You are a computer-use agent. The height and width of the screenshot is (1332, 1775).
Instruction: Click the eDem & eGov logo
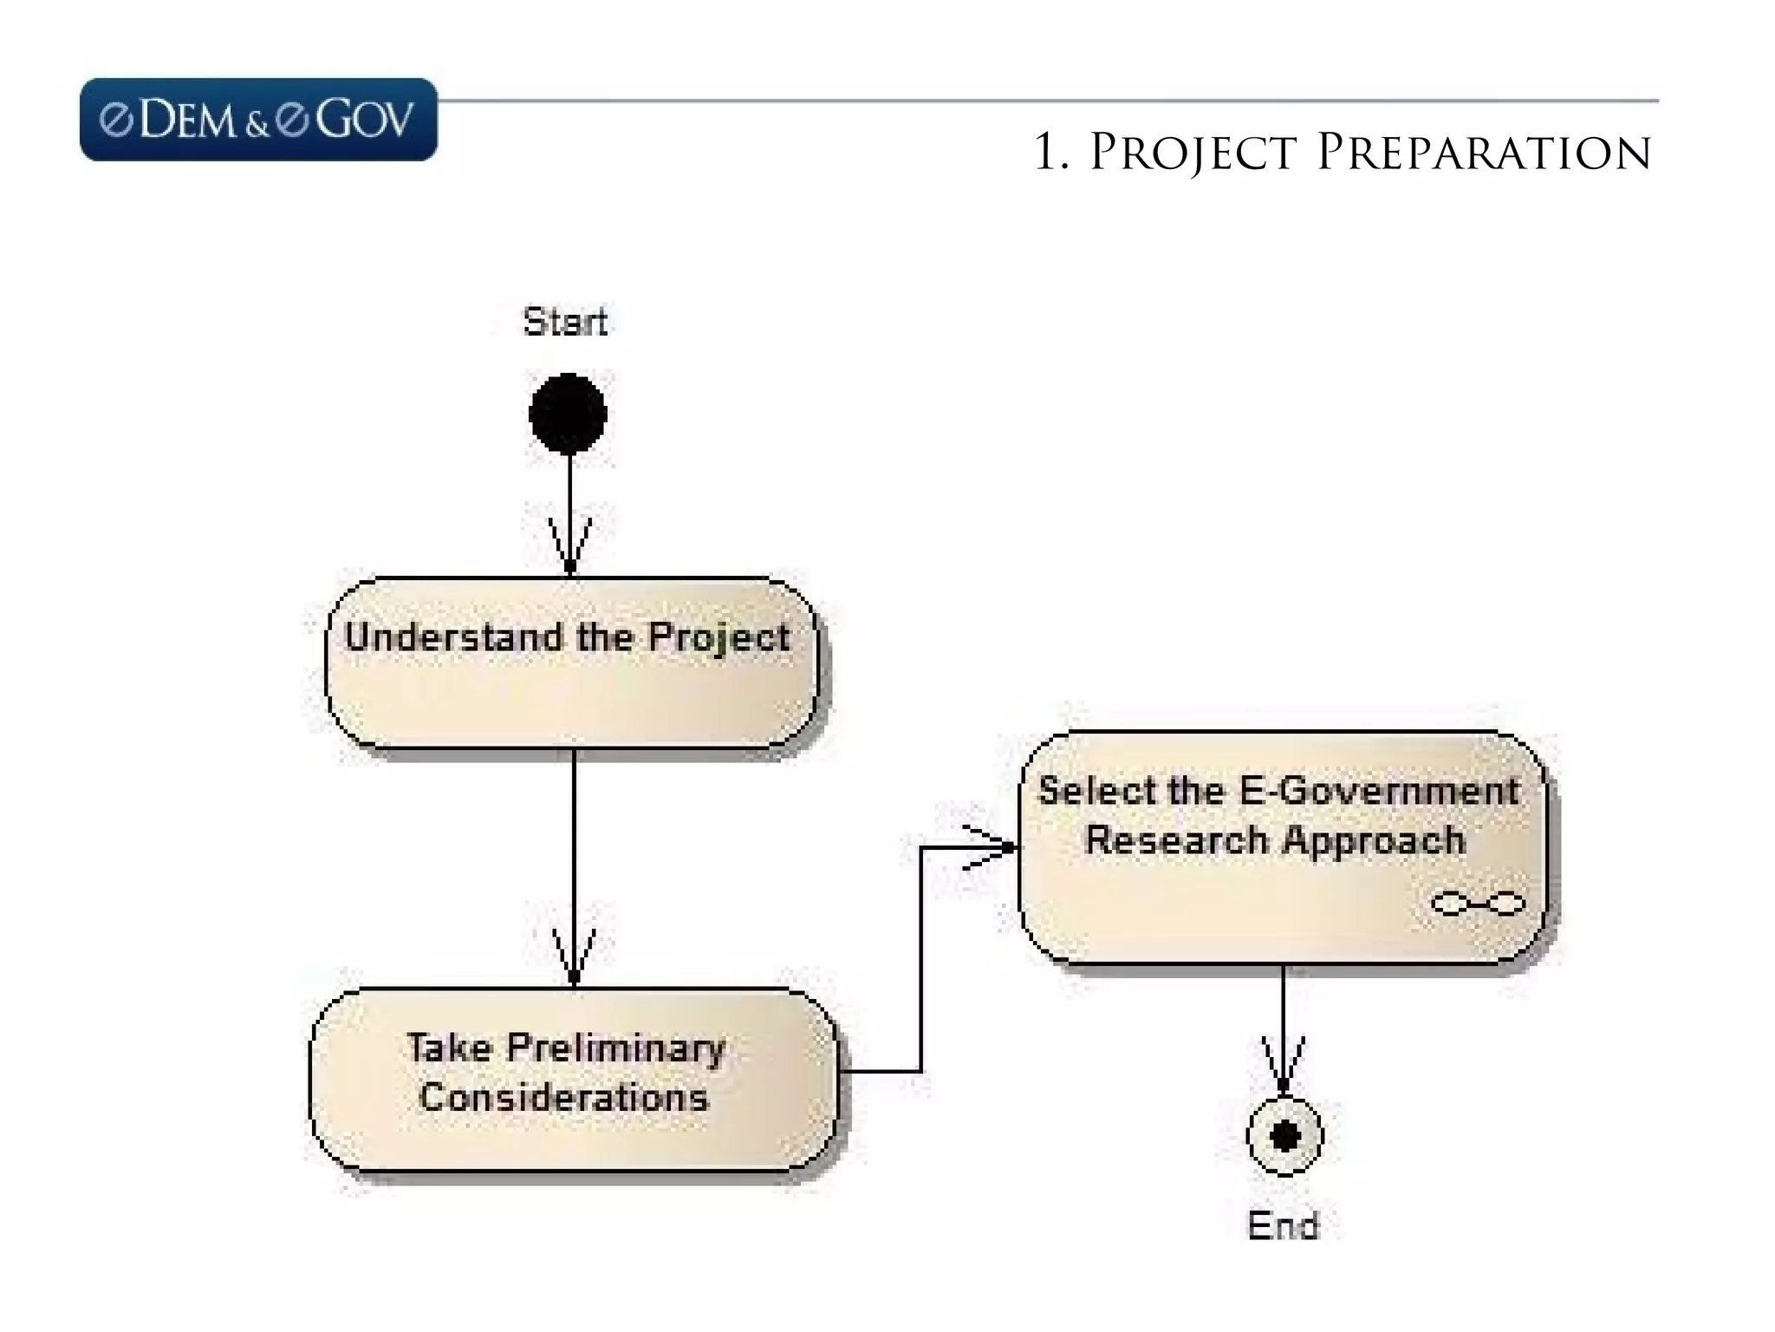(258, 120)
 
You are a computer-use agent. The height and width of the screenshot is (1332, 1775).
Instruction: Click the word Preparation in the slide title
(1483, 153)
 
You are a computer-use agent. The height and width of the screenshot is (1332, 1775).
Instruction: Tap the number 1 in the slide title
(1047, 153)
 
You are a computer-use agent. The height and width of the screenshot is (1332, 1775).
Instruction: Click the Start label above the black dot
(565, 322)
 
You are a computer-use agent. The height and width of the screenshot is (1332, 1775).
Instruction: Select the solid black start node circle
(568, 414)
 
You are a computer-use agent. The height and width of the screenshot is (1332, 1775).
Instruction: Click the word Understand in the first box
(453, 637)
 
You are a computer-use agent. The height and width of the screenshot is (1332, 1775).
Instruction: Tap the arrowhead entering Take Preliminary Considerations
(574, 958)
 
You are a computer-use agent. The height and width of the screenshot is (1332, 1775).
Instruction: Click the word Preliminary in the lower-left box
(615, 1048)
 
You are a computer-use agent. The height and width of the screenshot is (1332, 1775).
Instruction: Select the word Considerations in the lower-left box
(564, 1098)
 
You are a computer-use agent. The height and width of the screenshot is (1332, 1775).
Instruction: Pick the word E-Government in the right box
(1379, 791)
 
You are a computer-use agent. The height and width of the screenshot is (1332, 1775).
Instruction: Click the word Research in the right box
(1176, 840)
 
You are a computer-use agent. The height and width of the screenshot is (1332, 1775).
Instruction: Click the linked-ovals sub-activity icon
(1478, 904)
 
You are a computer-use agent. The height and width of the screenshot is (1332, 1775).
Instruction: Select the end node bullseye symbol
(1284, 1136)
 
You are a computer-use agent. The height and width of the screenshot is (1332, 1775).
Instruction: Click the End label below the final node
(1283, 1225)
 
